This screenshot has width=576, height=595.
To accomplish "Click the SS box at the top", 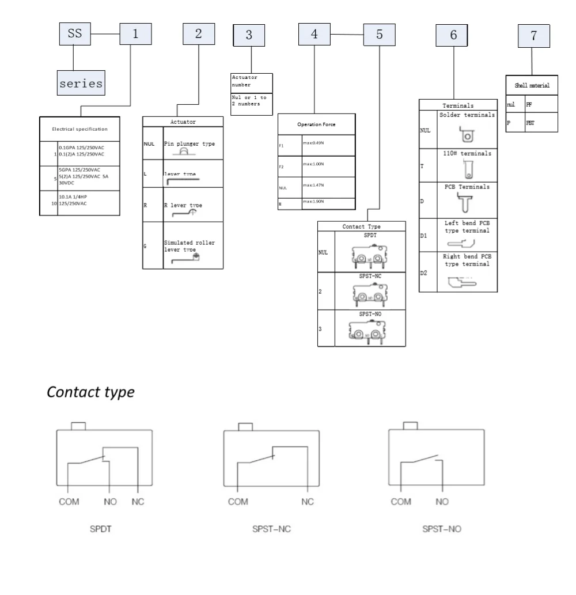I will [75, 34].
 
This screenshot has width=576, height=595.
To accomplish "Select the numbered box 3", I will [249, 35].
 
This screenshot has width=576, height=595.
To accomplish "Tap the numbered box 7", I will [533, 35].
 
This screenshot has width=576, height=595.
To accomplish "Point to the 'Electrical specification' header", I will [79, 129].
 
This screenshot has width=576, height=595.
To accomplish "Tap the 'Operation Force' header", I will [316, 124].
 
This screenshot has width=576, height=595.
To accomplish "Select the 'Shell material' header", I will [532, 85].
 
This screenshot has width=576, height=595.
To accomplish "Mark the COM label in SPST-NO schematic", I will [401, 502].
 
